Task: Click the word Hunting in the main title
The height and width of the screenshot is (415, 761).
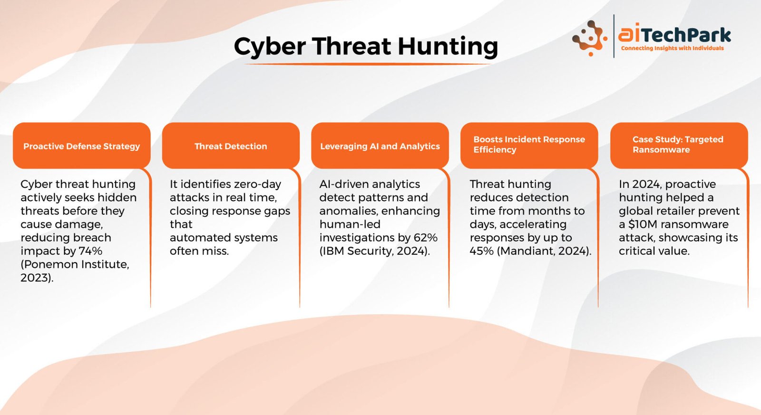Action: (x=448, y=47)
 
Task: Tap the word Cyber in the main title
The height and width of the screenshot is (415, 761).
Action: (x=270, y=47)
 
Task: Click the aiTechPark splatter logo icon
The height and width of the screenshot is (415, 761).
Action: (x=589, y=38)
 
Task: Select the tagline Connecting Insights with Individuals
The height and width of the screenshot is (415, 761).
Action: (x=673, y=48)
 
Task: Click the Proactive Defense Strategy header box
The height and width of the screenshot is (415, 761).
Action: (x=81, y=145)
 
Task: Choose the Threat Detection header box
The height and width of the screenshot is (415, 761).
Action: (x=231, y=145)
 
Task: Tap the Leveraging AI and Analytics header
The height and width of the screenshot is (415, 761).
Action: (x=380, y=145)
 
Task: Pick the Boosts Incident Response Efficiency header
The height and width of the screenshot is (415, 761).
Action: (x=529, y=145)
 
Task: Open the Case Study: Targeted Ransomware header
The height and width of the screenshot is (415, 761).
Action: (x=679, y=145)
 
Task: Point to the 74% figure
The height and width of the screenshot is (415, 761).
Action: (x=90, y=251)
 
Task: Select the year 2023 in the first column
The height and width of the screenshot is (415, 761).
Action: (x=35, y=278)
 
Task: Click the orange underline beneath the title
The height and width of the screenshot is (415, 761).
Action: (x=367, y=64)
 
